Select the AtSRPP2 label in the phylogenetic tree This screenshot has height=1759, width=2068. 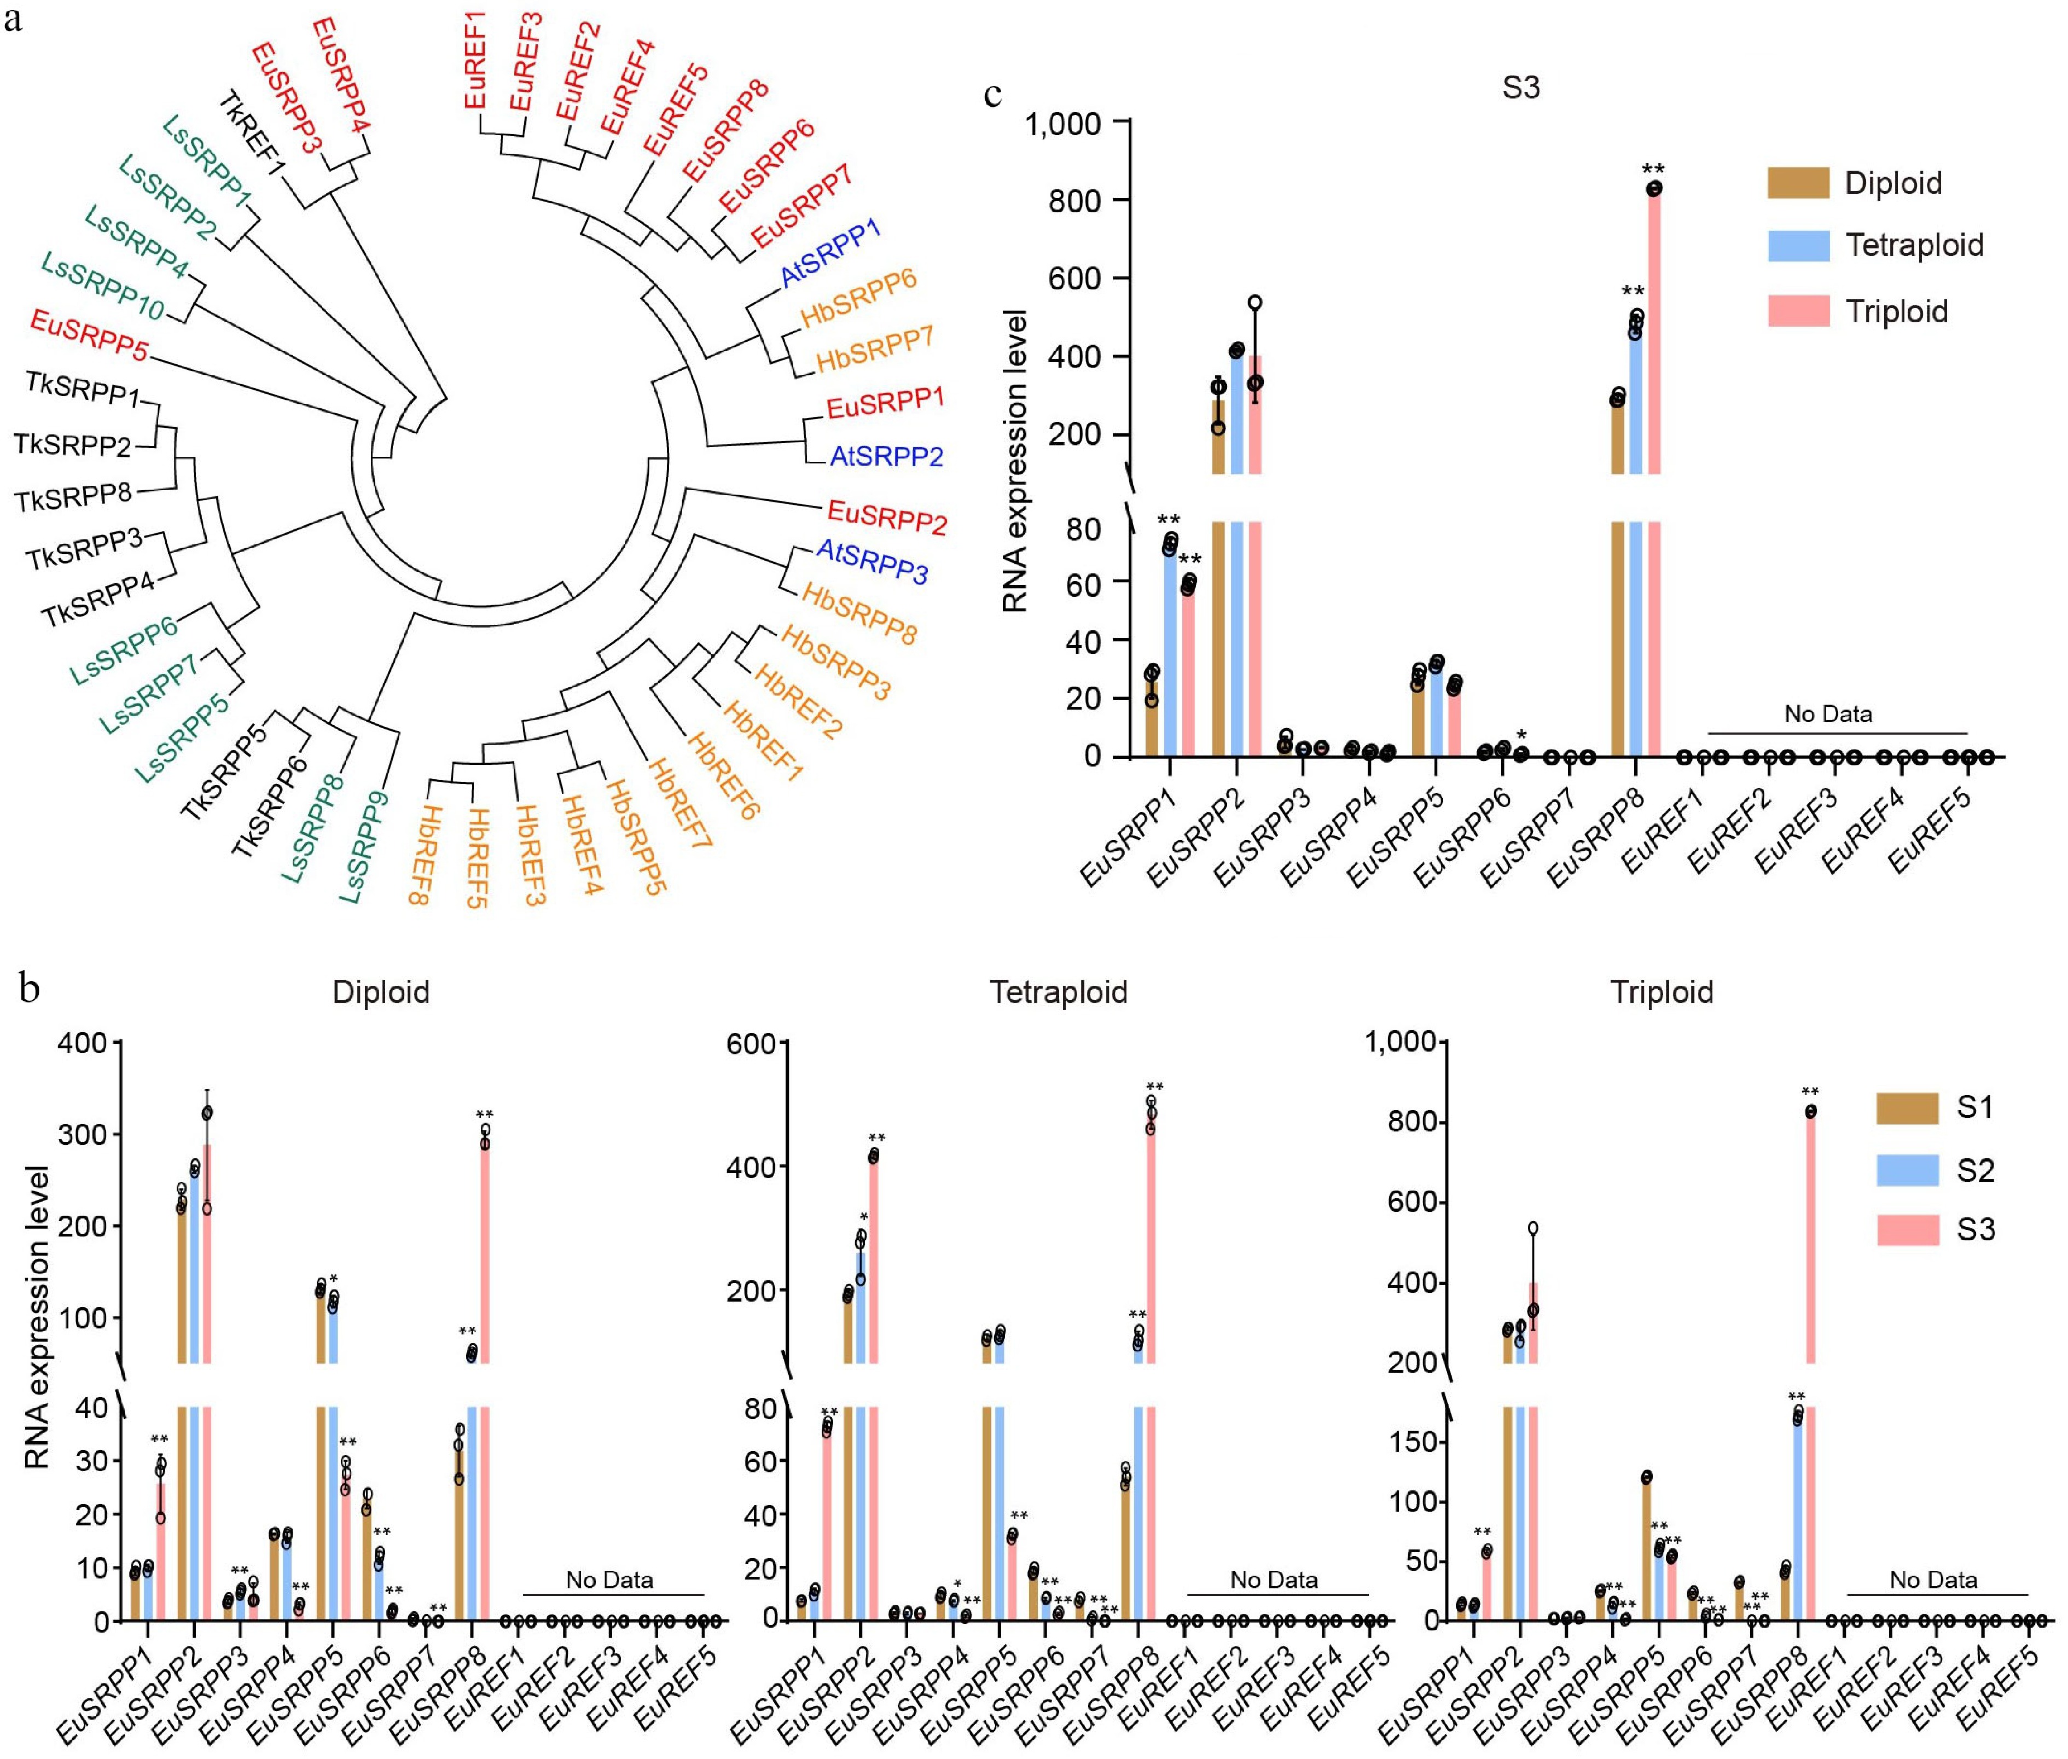[x=886, y=457]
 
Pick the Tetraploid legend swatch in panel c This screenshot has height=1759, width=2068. [x=1798, y=245]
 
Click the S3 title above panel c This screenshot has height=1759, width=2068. [x=1520, y=88]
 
